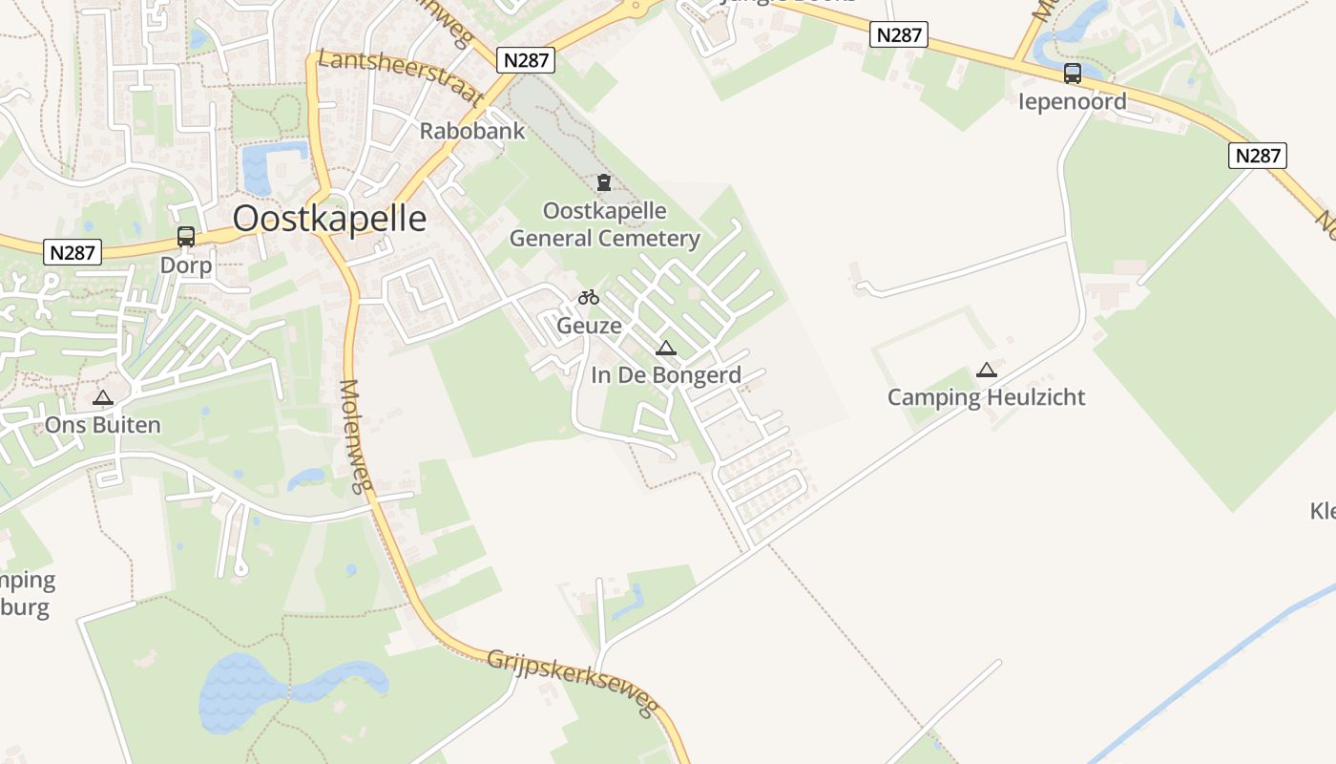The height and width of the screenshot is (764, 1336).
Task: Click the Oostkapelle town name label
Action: pos(329,219)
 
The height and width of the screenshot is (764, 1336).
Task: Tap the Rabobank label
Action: pos(472,131)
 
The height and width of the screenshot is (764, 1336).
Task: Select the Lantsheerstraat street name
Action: pos(401,76)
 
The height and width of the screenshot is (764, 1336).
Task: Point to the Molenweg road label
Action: pos(353,436)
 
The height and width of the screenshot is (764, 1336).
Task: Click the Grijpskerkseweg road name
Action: pos(573,683)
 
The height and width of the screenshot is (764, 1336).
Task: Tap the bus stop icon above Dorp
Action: pos(186,236)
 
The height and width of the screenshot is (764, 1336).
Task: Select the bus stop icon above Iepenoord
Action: pos(1073,73)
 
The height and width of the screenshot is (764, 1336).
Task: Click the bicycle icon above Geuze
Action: pos(589,298)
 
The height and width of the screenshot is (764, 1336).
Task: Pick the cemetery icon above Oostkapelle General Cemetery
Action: pos(603,181)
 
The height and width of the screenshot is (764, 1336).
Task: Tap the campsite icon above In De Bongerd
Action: pos(666,348)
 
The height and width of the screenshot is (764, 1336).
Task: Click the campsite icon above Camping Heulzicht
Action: pos(987,370)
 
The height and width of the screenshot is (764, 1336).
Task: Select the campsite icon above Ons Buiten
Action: pos(103,397)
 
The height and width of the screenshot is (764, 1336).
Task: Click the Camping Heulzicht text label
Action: pos(987,397)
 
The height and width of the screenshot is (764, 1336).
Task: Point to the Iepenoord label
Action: pos(1073,101)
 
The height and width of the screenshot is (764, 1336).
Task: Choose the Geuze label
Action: pos(589,326)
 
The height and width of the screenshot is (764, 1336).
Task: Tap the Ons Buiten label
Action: pos(103,425)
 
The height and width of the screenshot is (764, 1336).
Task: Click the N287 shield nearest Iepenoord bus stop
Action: pos(899,35)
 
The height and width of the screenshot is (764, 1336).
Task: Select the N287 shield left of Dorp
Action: pos(73,253)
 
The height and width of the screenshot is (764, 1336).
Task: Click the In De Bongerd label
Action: pos(666,375)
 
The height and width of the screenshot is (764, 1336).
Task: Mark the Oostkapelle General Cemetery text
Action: pos(605,224)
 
